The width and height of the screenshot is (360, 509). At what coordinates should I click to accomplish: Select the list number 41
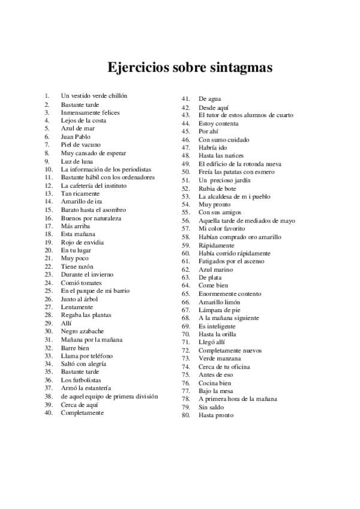pos(185,98)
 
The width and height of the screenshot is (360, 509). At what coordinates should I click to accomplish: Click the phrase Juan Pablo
pos(76,137)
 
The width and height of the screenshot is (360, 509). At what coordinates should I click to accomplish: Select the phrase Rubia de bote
pos(217,188)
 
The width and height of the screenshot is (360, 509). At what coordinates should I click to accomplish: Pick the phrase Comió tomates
pos(82,283)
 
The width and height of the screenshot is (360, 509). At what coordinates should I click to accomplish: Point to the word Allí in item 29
pos(66,323)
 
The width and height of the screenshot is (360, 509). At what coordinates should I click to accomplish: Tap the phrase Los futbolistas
pos(81,380)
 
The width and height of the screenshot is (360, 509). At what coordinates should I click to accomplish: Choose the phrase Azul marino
pos(216,270)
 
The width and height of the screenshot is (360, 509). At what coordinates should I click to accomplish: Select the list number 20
pos(49,250)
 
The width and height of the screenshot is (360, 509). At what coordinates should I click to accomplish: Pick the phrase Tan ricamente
pos(80,193)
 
